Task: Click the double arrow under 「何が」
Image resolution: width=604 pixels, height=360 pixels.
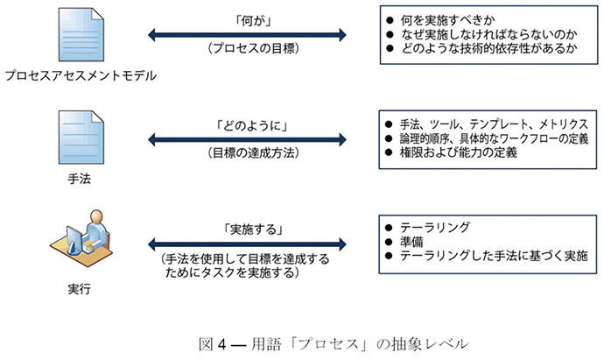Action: pos(248,34)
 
